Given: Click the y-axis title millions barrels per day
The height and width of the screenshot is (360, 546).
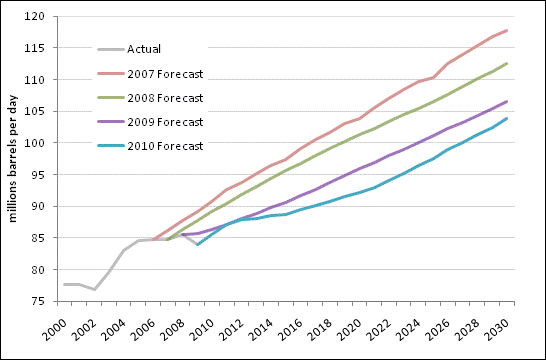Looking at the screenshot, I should tap(14, 160).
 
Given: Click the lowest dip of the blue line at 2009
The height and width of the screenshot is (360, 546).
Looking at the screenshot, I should tap(198, 245).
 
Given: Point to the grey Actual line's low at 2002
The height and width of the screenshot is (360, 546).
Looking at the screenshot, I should tap(94, 289).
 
